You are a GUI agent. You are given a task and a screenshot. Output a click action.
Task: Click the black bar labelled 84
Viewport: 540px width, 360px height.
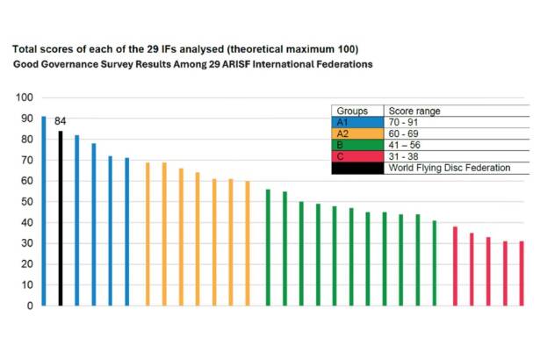(60, 219)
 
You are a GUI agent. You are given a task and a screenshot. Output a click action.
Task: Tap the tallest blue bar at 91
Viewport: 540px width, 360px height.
(43, 211)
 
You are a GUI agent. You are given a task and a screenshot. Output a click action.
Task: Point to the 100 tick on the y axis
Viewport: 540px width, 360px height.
(25, 97)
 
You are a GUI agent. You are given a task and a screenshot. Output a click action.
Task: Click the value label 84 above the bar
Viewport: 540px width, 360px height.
(60, 121)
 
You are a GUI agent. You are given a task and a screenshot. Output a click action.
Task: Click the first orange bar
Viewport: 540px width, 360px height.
(147, 234)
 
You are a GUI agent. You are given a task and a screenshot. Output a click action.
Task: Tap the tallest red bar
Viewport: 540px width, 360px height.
(455, 266)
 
